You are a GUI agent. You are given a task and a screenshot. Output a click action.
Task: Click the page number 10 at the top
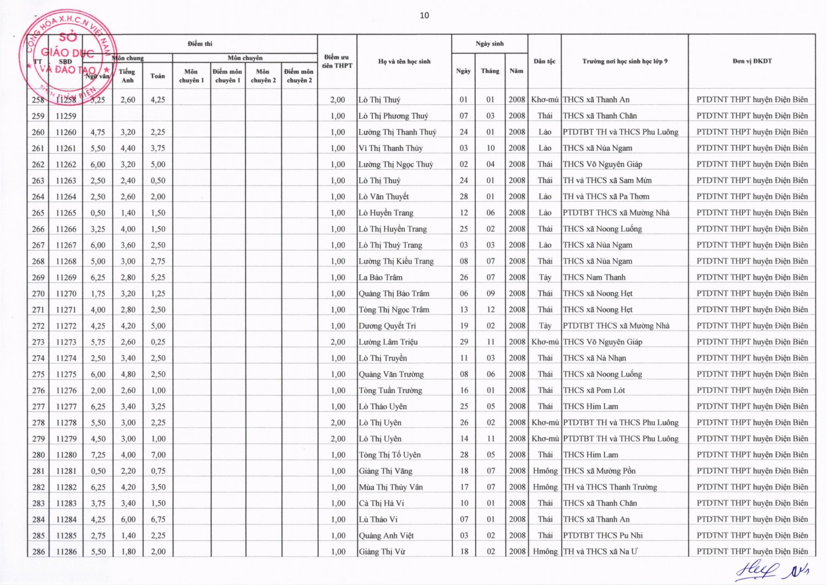click(x=424, y=15)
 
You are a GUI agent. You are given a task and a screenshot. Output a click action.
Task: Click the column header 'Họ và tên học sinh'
click(x=404, y=61)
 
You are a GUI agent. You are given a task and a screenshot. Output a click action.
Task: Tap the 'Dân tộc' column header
click(x=544, y=61)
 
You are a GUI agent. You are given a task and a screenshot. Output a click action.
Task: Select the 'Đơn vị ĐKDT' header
click(x=752, y=61)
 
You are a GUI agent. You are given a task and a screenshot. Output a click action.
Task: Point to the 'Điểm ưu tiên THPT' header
click(x=337, y=61)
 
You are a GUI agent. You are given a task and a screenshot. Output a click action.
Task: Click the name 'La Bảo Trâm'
click(x=381, y=277)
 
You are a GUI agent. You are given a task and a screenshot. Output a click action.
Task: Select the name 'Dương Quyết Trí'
click(x=387, y=326)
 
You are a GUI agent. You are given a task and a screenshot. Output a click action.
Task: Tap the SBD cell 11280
click(x=66, y=455)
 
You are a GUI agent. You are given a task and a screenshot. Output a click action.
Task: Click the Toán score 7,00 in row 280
click(x=158, y=455)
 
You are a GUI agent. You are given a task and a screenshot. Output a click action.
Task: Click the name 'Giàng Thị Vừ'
click(x=382, y=551)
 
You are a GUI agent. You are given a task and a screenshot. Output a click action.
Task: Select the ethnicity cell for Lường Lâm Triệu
click(x=545, y=342)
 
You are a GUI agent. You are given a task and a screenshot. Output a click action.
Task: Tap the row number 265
click(x=38, y=213)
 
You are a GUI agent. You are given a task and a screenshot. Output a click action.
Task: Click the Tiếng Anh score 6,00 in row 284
click(x=128, y=519)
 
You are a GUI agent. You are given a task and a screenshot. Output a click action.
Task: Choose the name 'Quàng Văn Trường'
click(x=391, y=374)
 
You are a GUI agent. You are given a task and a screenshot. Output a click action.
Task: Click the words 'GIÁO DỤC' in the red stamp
click(x=67, y=53)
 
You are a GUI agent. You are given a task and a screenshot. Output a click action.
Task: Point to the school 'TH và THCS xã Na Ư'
click(x=600, y=551)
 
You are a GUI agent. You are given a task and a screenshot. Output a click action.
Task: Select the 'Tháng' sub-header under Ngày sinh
click(x=490, y=71)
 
